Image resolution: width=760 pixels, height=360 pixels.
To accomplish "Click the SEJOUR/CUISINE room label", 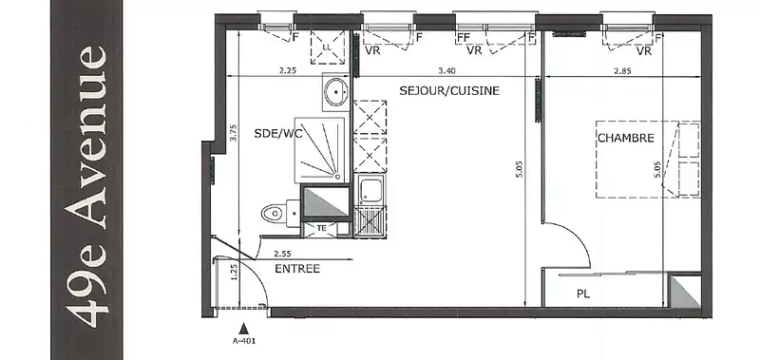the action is click(449, 90).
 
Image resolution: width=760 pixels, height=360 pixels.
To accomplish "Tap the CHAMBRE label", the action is click(626, 138).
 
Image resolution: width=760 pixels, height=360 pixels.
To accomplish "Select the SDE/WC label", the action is click(277, 134).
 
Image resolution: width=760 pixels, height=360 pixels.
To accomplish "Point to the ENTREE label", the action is click(297, 269).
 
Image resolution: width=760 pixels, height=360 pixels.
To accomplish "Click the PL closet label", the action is click(583, 294).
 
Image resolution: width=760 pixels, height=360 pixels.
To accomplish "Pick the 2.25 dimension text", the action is click(288, 70).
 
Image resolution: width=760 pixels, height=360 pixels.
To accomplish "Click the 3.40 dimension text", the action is click(446, 70).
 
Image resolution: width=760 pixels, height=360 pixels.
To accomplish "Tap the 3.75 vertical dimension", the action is click(233, 133).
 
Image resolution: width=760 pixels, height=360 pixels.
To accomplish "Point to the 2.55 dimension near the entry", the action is click(282, 254).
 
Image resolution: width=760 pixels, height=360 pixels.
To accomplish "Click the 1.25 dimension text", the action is click(234, 273).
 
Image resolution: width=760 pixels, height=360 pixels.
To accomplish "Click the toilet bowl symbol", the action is click(273, 213).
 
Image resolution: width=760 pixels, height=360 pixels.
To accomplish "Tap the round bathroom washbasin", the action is click(336, 91).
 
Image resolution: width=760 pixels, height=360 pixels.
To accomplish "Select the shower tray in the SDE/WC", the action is click(322, 150).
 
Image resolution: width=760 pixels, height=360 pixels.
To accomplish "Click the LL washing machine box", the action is click(327, 47).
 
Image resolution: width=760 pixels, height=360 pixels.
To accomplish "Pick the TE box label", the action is click(321, 228).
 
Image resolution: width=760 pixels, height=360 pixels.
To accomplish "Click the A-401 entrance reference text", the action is click(244, 341).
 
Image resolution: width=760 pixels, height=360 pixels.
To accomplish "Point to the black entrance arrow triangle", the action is click(244, 329).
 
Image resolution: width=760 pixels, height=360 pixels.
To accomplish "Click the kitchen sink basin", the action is click(370, 190).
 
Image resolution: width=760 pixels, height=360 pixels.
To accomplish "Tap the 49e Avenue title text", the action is click(86, 186).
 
